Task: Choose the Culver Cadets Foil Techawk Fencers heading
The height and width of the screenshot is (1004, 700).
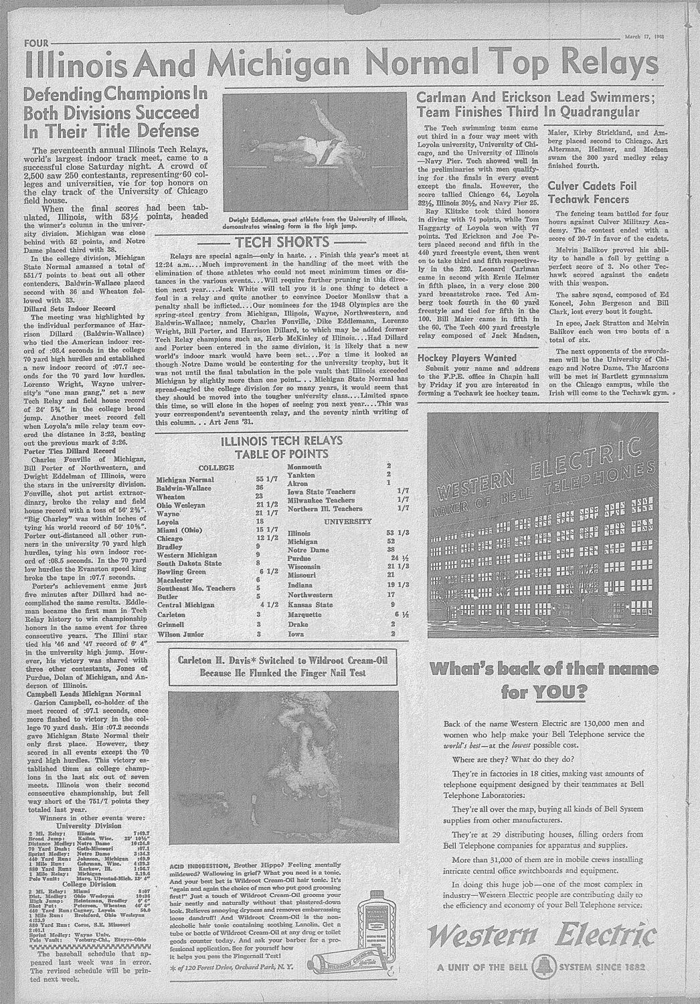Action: point(592,192)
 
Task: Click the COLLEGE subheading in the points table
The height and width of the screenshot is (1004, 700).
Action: point(215,467)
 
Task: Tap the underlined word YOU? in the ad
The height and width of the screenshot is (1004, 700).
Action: point(561,690)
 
